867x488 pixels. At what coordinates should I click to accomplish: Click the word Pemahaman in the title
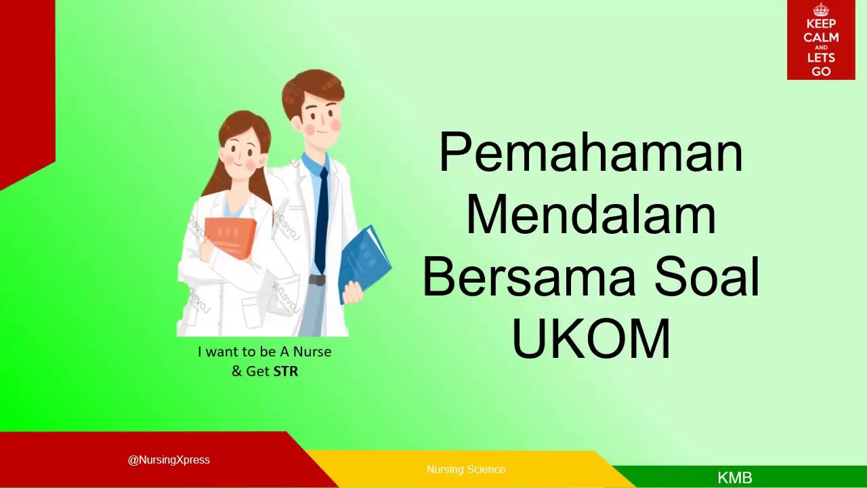(x=591, y=153)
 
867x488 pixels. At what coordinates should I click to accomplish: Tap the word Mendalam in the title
(x=591, y=214)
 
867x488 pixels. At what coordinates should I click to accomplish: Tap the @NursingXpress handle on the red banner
(x=169, y=460)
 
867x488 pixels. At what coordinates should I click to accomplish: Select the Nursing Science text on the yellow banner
(x=466, y=469)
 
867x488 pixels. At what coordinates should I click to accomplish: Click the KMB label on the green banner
(x=735, y=478)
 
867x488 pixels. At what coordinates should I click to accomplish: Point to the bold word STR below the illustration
(x=286, y=371)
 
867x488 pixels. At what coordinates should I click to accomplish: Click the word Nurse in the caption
(x=312, y=352)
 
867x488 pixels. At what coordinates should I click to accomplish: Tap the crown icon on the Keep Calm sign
(x=821, y=10)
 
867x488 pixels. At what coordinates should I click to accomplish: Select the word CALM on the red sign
(x=821, y=37)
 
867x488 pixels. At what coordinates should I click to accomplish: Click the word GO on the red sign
(x=821, y=71)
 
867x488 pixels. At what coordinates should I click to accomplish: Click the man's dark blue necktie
(x=322, y=217)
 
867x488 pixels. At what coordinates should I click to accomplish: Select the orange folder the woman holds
(x=230, y=237)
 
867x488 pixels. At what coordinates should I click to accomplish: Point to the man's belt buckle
(x=316, y=280)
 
